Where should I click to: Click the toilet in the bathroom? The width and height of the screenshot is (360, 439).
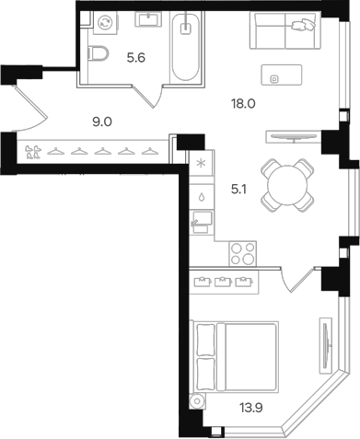[x=99, y=52]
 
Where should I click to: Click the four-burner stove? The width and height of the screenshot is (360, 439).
[x=242, y=253]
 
